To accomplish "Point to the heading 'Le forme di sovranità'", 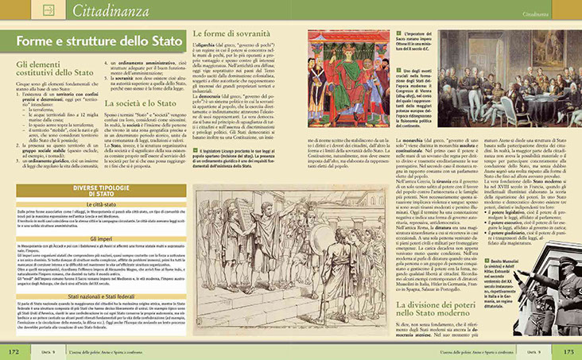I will (232, 34).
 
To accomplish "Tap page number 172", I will (14, 350).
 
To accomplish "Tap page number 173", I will (567, 350).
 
